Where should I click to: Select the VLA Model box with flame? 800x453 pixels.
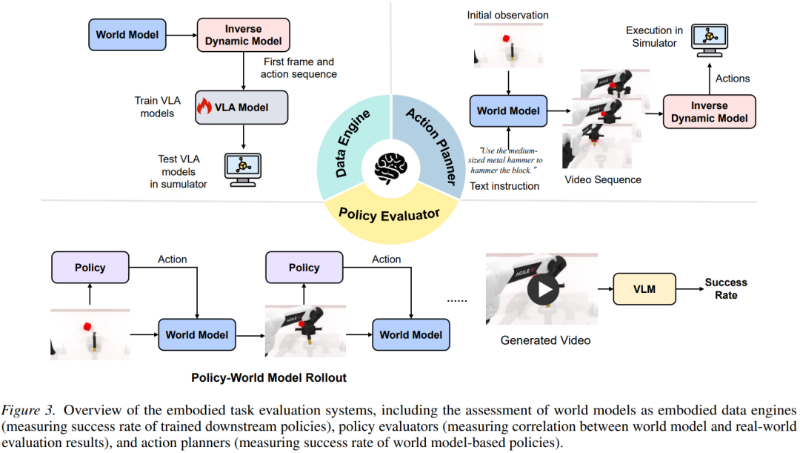point(241,108)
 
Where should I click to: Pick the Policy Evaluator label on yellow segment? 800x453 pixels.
point(389,214)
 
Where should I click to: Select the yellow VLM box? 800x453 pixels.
point(644,288)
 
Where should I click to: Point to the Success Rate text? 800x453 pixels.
point(726,288)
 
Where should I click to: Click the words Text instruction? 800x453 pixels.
point(504,186)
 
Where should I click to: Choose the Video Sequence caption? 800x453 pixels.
point(603,179)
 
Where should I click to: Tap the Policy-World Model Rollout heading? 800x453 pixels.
point(269,377)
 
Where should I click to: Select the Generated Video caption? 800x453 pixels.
point(546,340)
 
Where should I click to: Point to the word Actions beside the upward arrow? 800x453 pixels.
point(732,79)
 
